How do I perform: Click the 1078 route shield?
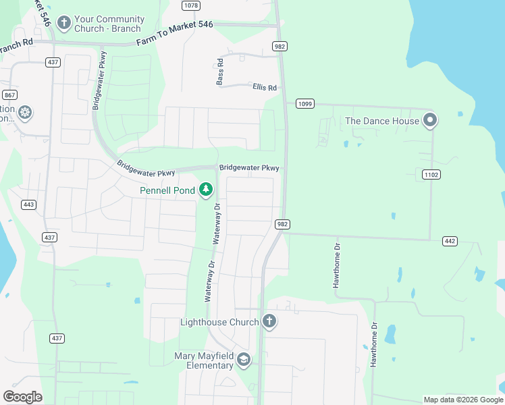[x=191, y=5]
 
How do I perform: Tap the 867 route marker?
[x=9, y=94]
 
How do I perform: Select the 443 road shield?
[x=28, y=205]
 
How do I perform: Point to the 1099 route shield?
[x=305, y=103]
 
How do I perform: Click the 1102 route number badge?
[x=431, y=175]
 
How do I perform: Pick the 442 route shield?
[x=451, y=241]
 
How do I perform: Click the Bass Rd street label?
[x=220, y=73]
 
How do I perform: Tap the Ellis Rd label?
[x=265, y=88]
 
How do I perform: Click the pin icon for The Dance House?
[x=430, y=122]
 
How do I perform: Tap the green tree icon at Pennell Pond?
[x=206, y=190]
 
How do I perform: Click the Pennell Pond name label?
[x=167, y=190]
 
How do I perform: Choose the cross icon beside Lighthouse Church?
[x=269, y=321]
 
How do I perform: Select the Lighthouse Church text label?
[x=219, y=322]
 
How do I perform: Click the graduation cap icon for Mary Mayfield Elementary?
[x=244, y=360]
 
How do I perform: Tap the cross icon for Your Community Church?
[x=64, y=24]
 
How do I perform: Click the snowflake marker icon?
[x=26, y=113]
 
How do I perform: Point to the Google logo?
[x=22, y=397]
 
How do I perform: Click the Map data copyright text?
[x=463, y=400]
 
